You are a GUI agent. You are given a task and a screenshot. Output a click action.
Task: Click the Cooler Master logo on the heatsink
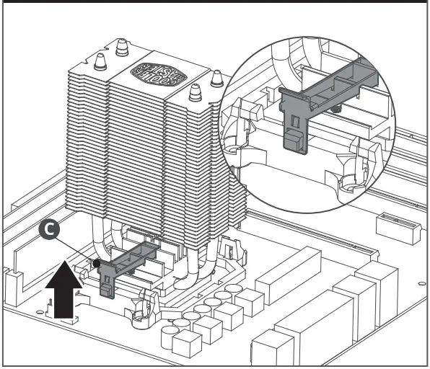point(149,76)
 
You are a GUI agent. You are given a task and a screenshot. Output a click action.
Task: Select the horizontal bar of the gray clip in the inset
point(332,79)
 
